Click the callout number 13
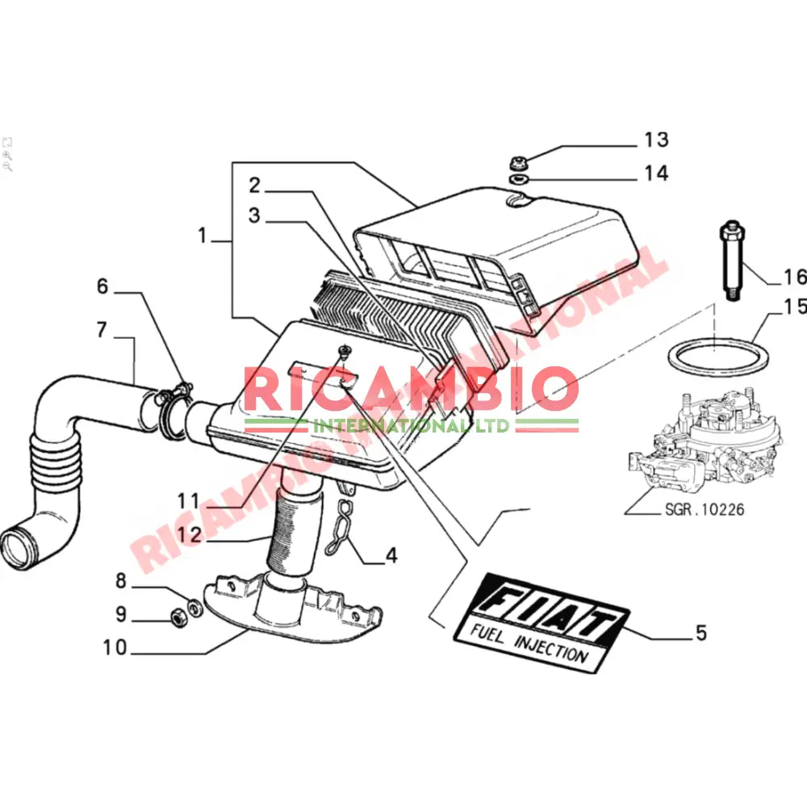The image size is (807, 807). pyautogui.click(x=656, y=140)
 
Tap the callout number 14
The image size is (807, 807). pyautogui.click(x=656, y=173)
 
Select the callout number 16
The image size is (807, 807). pyautogui.click(x=794, y=278)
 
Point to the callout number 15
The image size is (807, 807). pyautogui.click(x=794, y=307)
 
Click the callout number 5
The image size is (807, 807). pyautogui.click(x=700, y=633)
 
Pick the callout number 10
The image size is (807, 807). pyautogui.click(x=115, y=648)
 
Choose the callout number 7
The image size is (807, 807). pyautogui.click(x=102, y=329)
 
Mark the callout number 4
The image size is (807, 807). pyautogui.click(x=391, y=555)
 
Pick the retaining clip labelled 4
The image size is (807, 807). pyautogui.click(x=342, y=529)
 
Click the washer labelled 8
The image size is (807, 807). pyautogui.click(x=194, y=606)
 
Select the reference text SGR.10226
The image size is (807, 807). pyautogui.click(x=705, y=509)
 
